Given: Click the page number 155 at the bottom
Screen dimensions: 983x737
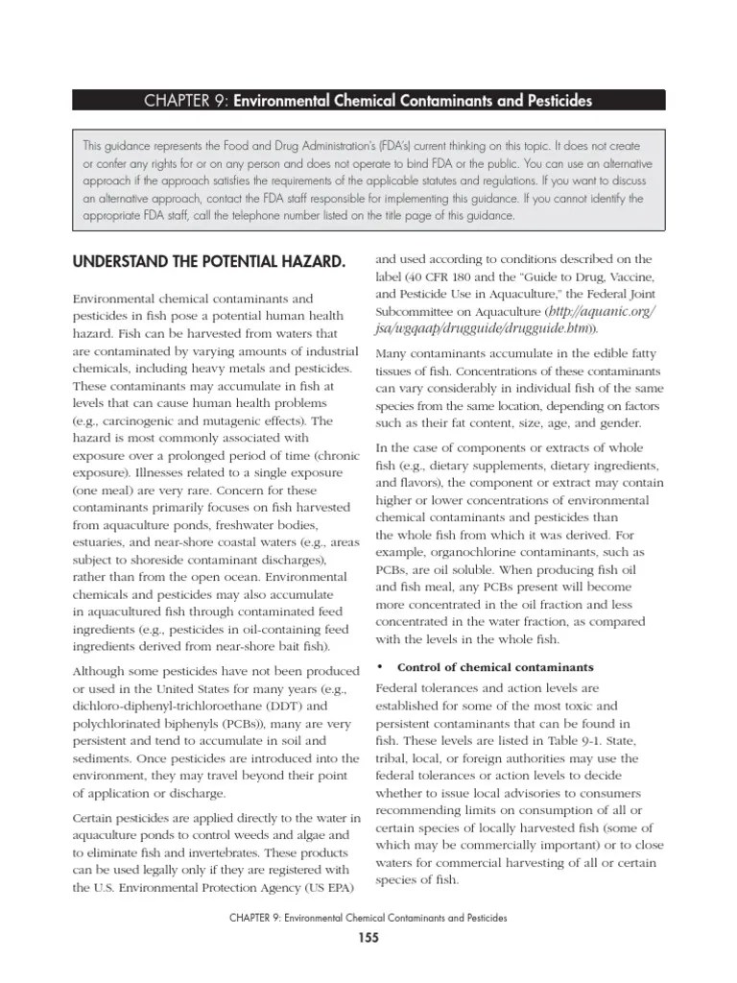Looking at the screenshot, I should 368,938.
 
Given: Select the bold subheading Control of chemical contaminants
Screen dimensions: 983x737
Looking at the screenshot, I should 495,667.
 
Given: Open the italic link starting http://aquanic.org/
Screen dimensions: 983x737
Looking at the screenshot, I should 603,312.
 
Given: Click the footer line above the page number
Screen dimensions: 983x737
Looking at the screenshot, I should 368,919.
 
